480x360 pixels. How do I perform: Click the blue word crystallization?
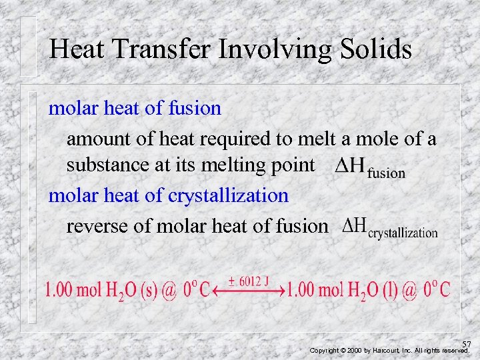(x=228, y=195)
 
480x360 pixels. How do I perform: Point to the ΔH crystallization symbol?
(x=389, y=228)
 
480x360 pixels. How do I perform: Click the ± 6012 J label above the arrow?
(x=249, y=281)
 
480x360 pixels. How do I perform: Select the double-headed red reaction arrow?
(x=248, y=291)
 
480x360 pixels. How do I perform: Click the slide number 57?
(x=466, y=343)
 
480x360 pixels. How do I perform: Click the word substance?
(x=108, y=165)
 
